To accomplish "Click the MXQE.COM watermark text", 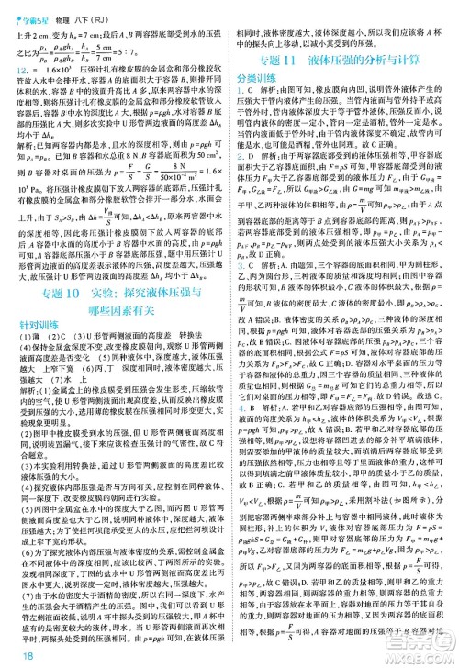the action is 421,652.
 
